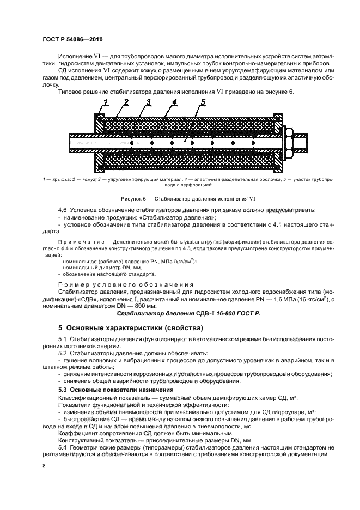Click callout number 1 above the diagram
[106, 102]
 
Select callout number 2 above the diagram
[126, 102]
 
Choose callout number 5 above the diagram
[202, 102]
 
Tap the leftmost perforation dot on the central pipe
[131, 143]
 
